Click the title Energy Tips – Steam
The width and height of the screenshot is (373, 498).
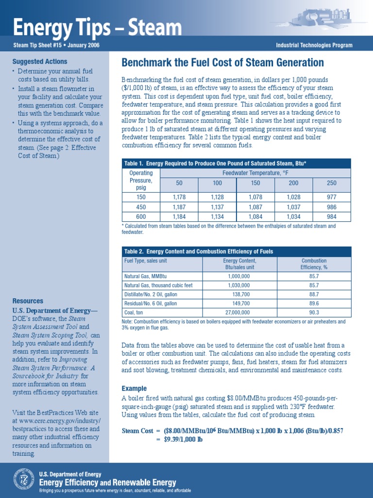[x=97, y=27]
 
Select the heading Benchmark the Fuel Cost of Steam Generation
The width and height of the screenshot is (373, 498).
[x=222, y=63]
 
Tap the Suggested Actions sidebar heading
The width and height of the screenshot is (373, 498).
[x=34, y=62]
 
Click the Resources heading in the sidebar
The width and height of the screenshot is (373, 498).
[x=28, y=301]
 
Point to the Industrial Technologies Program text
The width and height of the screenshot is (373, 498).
[x=314, y=46]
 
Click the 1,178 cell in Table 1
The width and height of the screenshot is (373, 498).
[x=179, y=197]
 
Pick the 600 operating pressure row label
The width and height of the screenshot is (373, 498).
[x=141, y=216]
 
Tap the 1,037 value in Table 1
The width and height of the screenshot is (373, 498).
[x=293, y=207]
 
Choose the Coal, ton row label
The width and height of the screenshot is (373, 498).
[x=136, y=312]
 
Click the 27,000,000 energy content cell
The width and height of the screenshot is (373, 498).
[x=239, y=312]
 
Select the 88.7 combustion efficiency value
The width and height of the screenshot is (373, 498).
[x=314, y=294]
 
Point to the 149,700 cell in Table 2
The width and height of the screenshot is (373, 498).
[x=239, y=303]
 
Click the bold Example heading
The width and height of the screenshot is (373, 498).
[x=134, y=389]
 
